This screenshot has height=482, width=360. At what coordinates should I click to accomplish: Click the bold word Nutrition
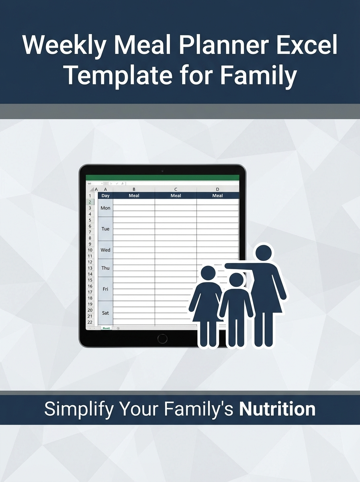[277, 409]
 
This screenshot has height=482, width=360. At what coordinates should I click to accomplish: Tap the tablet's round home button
[162, 339]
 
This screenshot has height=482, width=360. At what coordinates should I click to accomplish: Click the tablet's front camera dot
[162, 171]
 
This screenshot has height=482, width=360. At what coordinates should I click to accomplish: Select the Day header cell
[105, 196]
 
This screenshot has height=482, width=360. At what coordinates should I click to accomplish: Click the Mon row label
[105, 208]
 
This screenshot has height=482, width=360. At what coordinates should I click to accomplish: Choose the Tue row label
[105, 229]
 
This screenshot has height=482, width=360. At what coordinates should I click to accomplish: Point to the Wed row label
[105, 250]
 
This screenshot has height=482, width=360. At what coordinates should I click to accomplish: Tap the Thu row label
[105, 268]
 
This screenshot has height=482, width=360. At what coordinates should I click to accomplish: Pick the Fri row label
[105, 289]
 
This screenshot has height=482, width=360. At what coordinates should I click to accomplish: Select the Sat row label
[105, 313]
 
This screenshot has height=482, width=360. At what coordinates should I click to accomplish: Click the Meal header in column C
[176, 196]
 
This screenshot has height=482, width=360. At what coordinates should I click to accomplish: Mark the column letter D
[217, 189]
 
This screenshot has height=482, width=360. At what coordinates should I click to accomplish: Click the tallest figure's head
[264, 253]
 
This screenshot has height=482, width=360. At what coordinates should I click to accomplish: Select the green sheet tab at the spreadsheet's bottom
[106, 328]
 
